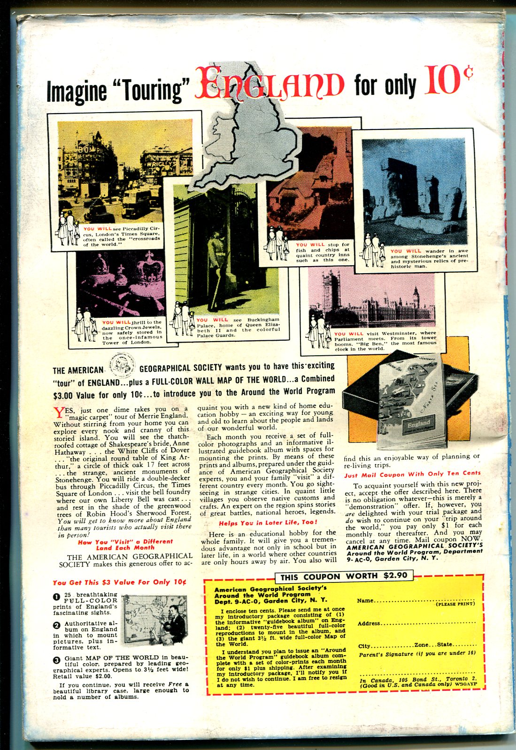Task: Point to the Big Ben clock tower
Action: (416, 300)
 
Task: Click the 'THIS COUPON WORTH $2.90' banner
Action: (344, 576)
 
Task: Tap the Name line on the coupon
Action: (416, 601)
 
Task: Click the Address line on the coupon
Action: (416, 624)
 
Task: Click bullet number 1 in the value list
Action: (56, 597)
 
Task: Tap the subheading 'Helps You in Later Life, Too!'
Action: (268, 522)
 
